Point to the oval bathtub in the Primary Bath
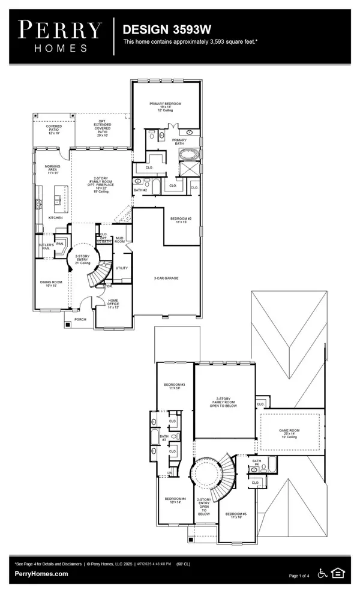coord(188,156)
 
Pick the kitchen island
coord(59,198)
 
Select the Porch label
coord(80,319)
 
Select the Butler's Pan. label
coord(47,246)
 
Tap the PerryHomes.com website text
coord(41,574)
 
